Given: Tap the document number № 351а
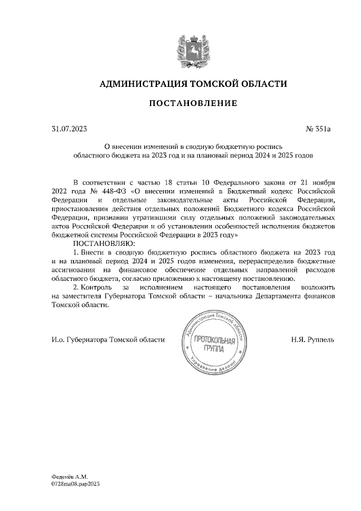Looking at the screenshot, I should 318,129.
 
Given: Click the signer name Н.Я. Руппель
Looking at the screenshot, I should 313,340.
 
